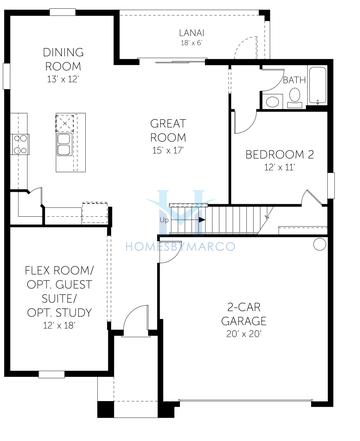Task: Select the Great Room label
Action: pyautogui.click(x=169, y=129)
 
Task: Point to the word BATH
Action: pyautogui.click(x=294, y=80)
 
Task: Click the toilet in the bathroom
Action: pyautogui.click(x=295, y=97)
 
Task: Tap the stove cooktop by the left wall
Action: pyautogui.click(x=19, y=145)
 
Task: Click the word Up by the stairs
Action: pyautogui.click(x=163, y=220)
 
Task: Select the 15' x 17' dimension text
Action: pyautogui.click(x=169, y=150)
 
